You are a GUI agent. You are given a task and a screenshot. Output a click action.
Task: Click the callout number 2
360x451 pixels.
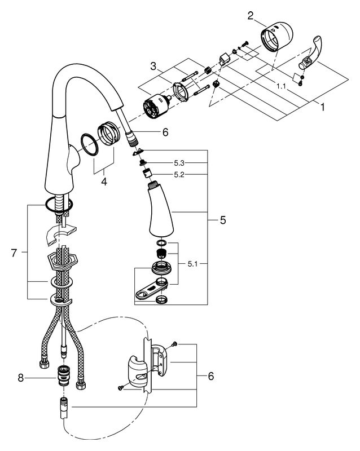pyautogui.click(x=251, y=16)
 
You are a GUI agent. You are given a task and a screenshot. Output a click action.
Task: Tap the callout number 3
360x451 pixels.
pyautogui.click(x=153, y=67)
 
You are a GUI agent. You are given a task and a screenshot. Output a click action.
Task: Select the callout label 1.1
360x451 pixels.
pyautogui.click(x=282, y=86)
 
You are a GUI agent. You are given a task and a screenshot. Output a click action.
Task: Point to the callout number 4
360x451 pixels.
pyautogui.click(x=104, y=182)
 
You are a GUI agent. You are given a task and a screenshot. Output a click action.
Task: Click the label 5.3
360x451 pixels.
pyautogui.click(x=179, y=163)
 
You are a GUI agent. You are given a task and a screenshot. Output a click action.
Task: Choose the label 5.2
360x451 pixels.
pyautogui.click(x=179, y=175)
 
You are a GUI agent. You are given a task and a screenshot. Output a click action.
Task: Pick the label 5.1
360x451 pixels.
pyautogui.click(x=192, y=264)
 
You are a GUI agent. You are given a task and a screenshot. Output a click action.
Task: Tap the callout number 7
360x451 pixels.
pyautogui.click(x=14, y=253)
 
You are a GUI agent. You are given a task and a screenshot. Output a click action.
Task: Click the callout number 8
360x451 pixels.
pyautogui.click(x=20, y=378)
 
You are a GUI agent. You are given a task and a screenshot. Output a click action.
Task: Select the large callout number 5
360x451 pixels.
pyautogui.click(x=223, y=220)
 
